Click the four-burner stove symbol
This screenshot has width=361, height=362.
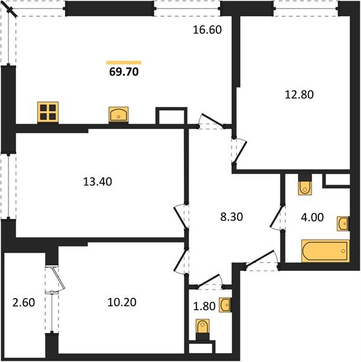[48, 112]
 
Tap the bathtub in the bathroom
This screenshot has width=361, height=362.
[325, 250]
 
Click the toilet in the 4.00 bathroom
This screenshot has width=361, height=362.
[305, 186]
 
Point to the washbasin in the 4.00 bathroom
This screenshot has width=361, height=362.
[343, 224]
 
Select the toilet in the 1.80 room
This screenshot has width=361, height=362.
[203, 329]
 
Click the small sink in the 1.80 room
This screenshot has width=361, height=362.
[225, 304]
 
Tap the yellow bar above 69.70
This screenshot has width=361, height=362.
[124, 62]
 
